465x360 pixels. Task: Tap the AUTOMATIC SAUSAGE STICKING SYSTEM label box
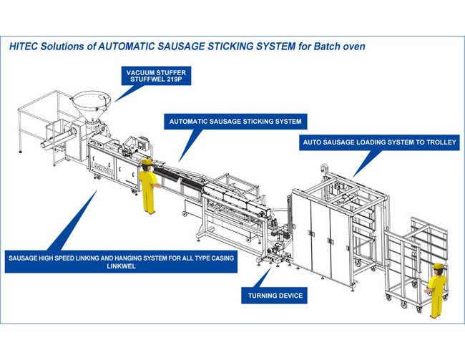(x=235, y=122)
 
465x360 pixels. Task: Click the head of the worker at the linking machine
(x=147, y=164)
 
